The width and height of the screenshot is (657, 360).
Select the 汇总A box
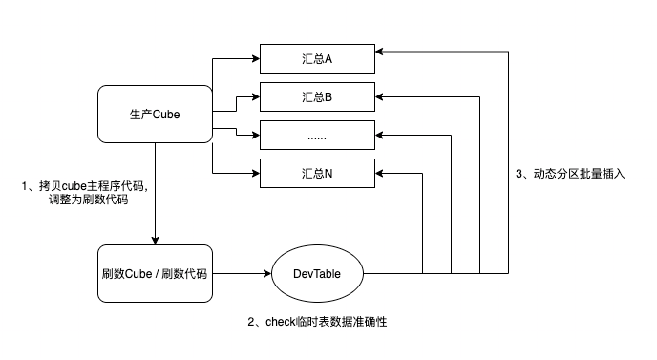click(318, 59)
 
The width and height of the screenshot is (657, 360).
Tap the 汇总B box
click(318, 97)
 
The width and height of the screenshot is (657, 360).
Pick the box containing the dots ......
click(318, 136)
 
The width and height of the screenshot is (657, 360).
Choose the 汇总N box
click(318, 174)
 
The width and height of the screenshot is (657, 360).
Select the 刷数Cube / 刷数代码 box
click(155, 274)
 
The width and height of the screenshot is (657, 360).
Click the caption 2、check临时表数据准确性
click(317, 323)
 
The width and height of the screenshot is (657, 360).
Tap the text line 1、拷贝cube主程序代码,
click(85, 185)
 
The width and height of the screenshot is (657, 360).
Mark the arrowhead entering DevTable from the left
click(269, 274)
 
